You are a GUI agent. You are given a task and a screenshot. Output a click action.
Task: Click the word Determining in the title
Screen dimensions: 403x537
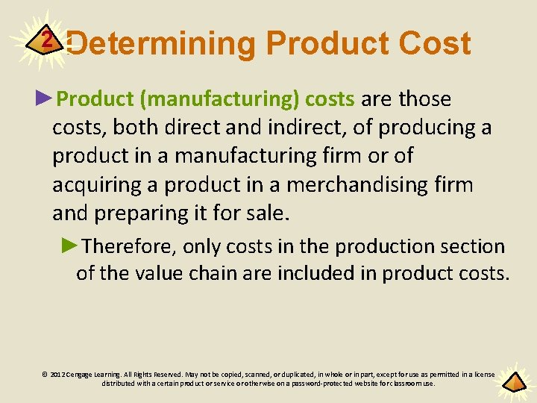click(x=161, y=44)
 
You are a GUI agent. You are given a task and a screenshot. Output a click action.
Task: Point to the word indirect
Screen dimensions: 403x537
click(x=298, y=128)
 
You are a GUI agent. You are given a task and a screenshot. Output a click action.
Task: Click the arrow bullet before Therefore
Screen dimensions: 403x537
click(x=69, y=246)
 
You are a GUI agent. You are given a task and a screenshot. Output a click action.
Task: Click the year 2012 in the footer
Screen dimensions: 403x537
click(x=57, y=375)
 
